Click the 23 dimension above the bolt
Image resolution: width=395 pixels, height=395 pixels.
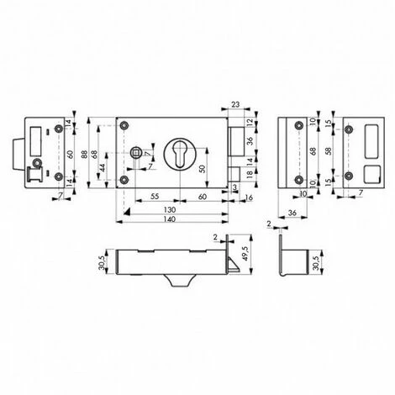point(234,105)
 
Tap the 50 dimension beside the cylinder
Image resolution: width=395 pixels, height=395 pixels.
point(202,169)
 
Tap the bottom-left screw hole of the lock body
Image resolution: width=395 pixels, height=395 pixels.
point(124,180)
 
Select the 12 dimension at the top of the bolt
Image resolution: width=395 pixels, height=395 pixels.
point(250,123)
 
